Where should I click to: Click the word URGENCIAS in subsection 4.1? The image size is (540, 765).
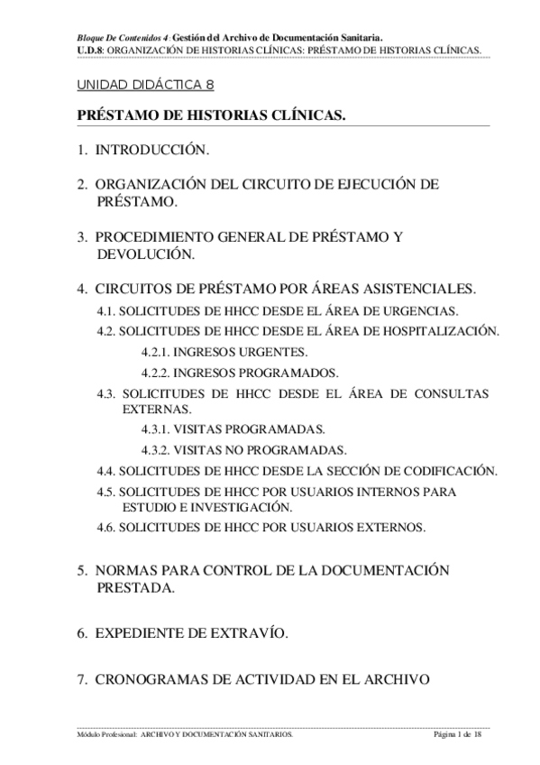click(427, 311)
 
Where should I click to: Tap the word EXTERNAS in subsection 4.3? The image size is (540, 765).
click(152, 409)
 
